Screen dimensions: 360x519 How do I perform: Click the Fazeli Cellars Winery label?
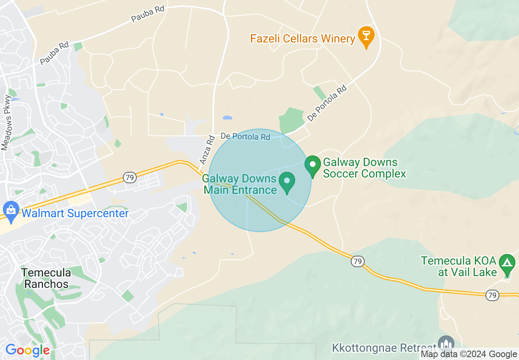tap(302, 39)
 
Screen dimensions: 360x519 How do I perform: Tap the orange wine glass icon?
tap(366, 35)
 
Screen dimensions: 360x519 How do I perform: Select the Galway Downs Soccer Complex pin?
tap(313, 165)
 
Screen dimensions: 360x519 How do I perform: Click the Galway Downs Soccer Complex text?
tap(364, 168)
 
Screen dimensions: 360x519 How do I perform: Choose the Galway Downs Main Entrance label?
tap(240, 184)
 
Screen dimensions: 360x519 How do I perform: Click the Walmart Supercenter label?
tap(75, 213)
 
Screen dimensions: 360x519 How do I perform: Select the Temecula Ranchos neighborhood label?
tap(46, 278)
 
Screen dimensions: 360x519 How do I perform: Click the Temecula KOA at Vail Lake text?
tap(458, 266)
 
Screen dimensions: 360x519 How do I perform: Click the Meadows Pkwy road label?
tap(7, 123)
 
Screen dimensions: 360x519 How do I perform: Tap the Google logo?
tap(27, 350)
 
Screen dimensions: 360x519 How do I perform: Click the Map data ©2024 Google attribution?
tap(469, 354)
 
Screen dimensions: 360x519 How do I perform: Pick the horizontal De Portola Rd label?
tap(246, 136)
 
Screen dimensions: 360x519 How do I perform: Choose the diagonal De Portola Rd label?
tap(327, 103)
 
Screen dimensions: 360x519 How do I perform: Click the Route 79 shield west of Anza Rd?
tap(129, 178)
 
